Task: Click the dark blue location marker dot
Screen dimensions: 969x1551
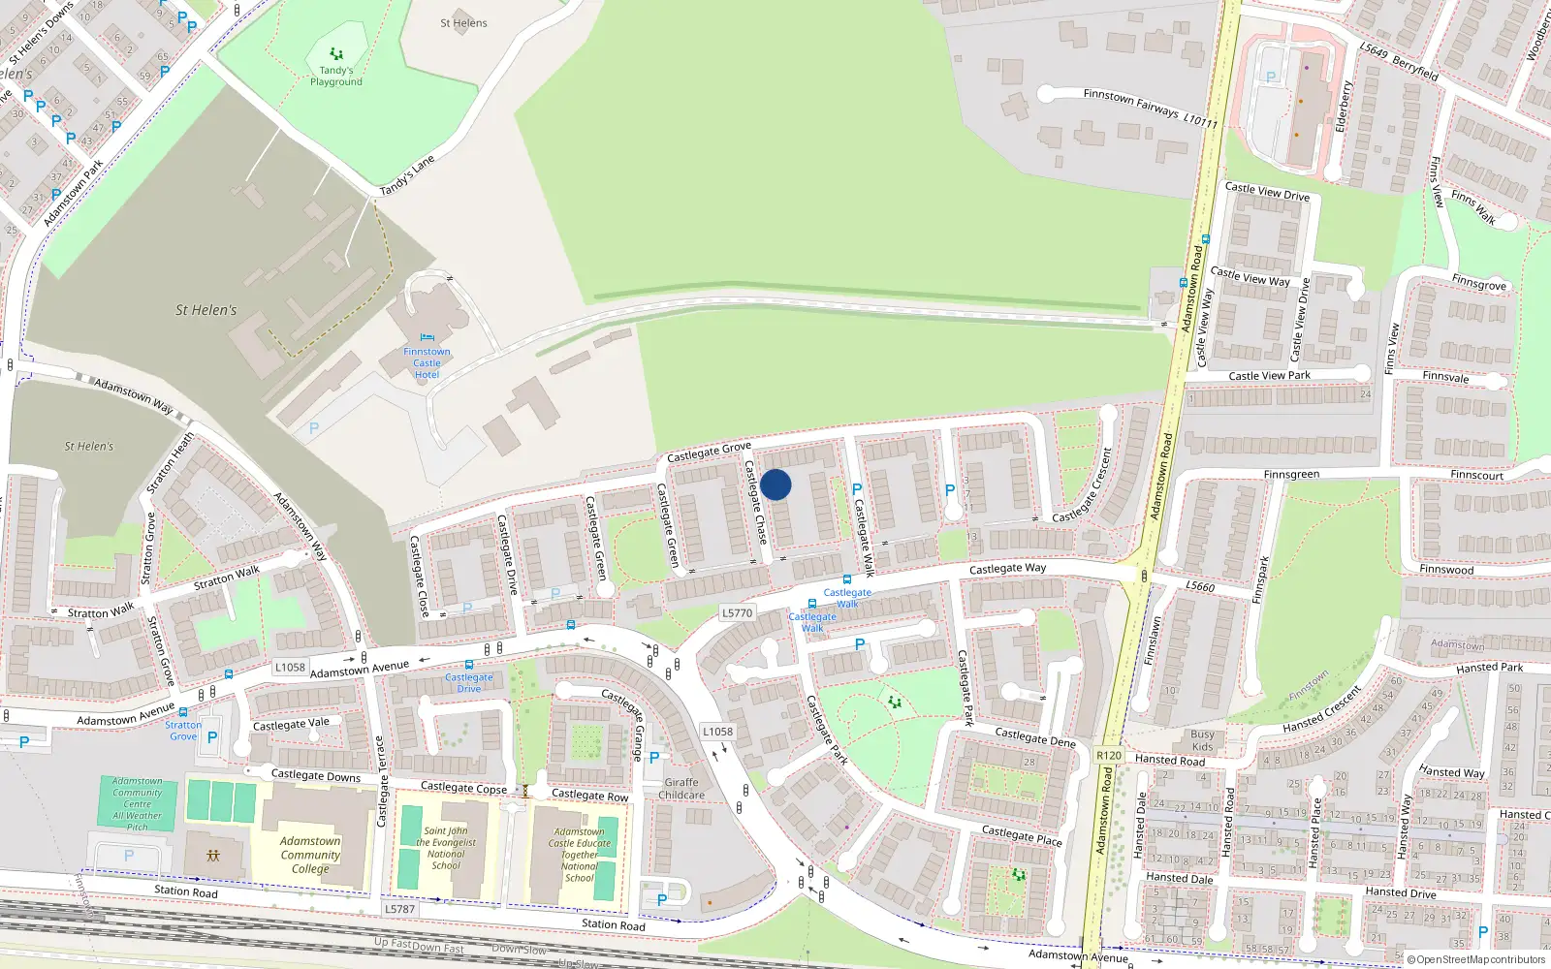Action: pos(775,484)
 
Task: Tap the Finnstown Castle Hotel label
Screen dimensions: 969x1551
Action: pos(427,363)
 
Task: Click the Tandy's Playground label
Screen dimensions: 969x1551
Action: pos(336,76)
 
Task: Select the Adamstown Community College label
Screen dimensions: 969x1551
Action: pos(310,855)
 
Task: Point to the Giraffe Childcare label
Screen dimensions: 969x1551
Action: pos(681,789)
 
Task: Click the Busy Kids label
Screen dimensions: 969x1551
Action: pos(1202,740)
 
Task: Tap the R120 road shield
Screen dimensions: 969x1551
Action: pos(1109,756)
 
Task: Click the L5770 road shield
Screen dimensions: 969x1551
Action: pos(737,613)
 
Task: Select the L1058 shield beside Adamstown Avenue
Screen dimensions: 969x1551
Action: pos(290,668)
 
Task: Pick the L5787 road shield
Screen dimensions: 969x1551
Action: pos(399,909)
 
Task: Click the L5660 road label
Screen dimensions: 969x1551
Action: pos(1200,586)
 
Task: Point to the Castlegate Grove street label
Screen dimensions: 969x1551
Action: pos(709,452)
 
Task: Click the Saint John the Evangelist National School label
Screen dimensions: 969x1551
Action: pos(446,848)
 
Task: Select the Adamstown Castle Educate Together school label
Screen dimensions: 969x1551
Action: pos(580,855)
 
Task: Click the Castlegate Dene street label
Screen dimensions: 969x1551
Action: pos(1035,737)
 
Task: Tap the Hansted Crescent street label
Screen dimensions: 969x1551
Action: pos(1322,711)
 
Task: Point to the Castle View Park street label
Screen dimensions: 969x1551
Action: pos(1269,376)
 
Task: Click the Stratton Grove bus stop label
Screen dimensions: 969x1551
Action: pos(183,731)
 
